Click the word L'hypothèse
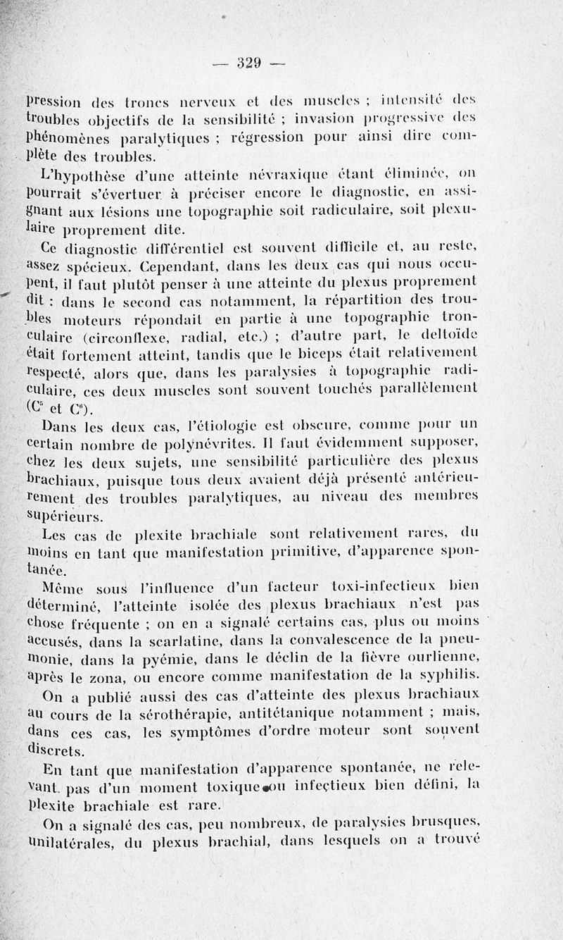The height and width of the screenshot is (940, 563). [83, 173]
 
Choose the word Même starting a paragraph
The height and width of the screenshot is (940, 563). [63, 584]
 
